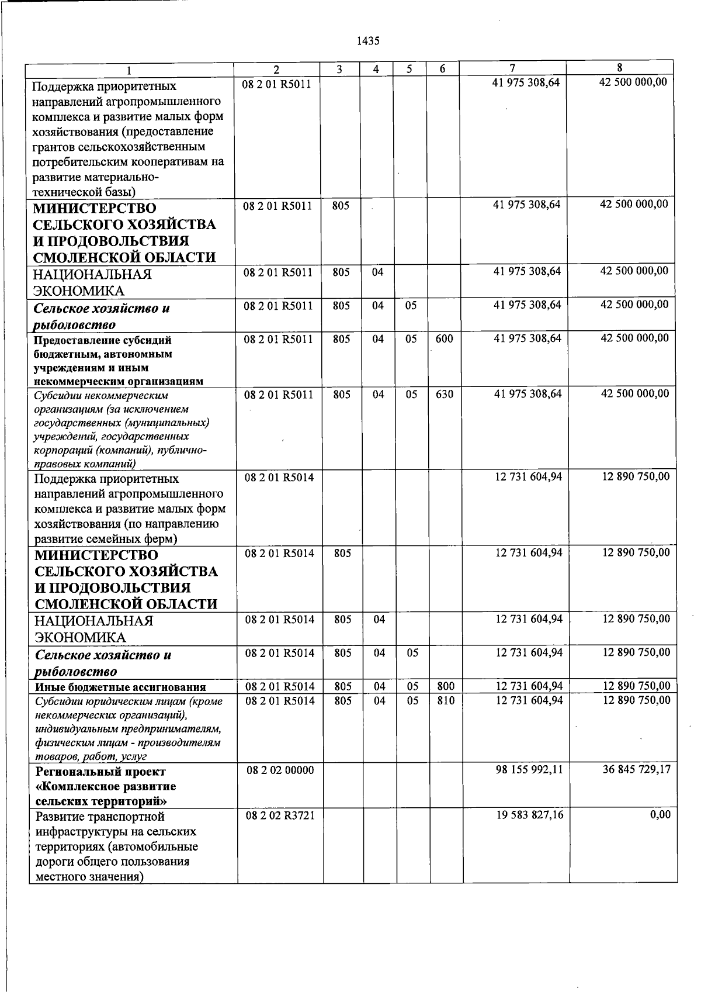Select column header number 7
click(x=512, y=68)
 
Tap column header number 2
click(x=277, y=69)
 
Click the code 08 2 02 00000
click(x=280, y=770)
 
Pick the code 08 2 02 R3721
click(x=280, y=815)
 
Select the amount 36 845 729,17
click(x=637, y=770)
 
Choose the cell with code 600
click(x=444, y=339)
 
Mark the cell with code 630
click(x=444, y=394)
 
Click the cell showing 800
click(x=445, y=686)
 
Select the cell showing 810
click(x=445, y=700)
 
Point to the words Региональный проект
click(x=100, y=772)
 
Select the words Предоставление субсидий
click(x=102, y=340)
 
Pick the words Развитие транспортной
click(x=100, y=817)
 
